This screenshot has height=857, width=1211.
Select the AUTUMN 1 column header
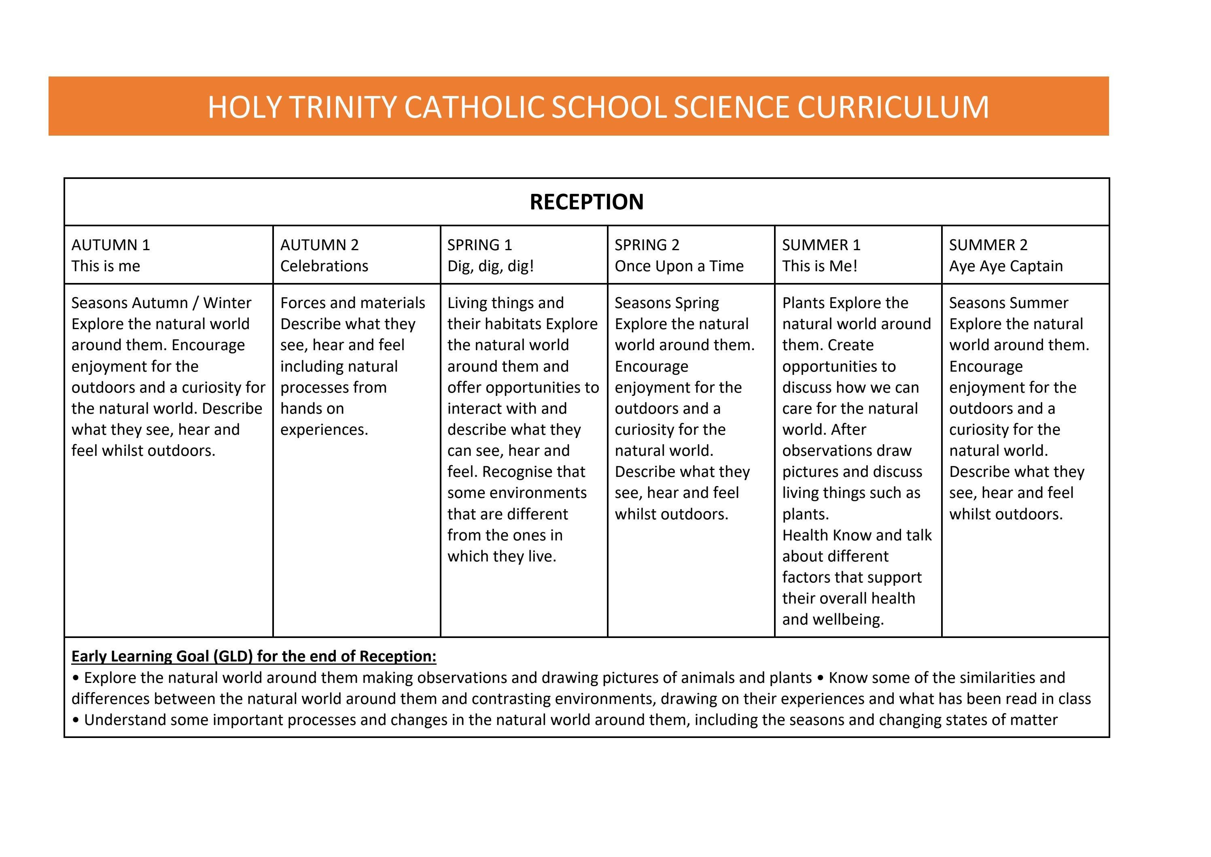point(111,245)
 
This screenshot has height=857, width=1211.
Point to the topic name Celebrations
point(324,266)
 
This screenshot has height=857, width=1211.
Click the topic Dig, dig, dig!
point(490,266)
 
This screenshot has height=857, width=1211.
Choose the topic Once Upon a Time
point(679,266)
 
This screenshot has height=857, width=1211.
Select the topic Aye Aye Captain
point(1006,266)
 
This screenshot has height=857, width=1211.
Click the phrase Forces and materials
point(352,303)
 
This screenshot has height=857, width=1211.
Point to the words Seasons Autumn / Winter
point(161,303)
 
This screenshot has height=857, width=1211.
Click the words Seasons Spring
point(667,303)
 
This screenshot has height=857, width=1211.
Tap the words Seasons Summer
point(1008,303)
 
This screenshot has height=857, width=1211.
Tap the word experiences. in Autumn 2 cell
point(324,430)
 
